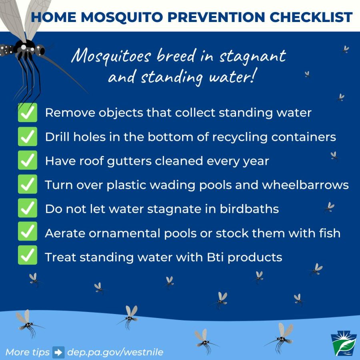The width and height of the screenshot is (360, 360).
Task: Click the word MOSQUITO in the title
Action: click(122, 18)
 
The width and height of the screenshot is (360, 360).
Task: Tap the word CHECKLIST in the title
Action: click(311, 17)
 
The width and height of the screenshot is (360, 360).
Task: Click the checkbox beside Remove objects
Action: click(28, 112)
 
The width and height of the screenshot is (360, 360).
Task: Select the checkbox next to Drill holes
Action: click(28, 137)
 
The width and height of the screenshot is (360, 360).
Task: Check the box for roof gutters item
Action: click(28, 160)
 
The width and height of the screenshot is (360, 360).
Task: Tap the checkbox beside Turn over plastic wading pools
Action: click(28, 184)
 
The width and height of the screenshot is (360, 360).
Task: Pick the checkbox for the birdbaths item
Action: click(28, 208)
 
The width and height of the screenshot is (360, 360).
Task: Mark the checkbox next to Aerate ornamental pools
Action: click(28, 231)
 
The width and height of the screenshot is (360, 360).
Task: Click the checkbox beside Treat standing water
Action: click(28, 255)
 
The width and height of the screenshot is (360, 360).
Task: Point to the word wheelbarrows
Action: click(305, 185)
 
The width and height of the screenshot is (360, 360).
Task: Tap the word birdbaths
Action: click(249, 209)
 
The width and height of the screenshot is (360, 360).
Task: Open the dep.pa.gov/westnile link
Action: click(115, 352)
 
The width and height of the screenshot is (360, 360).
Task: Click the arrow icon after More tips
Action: click(58, 352)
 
